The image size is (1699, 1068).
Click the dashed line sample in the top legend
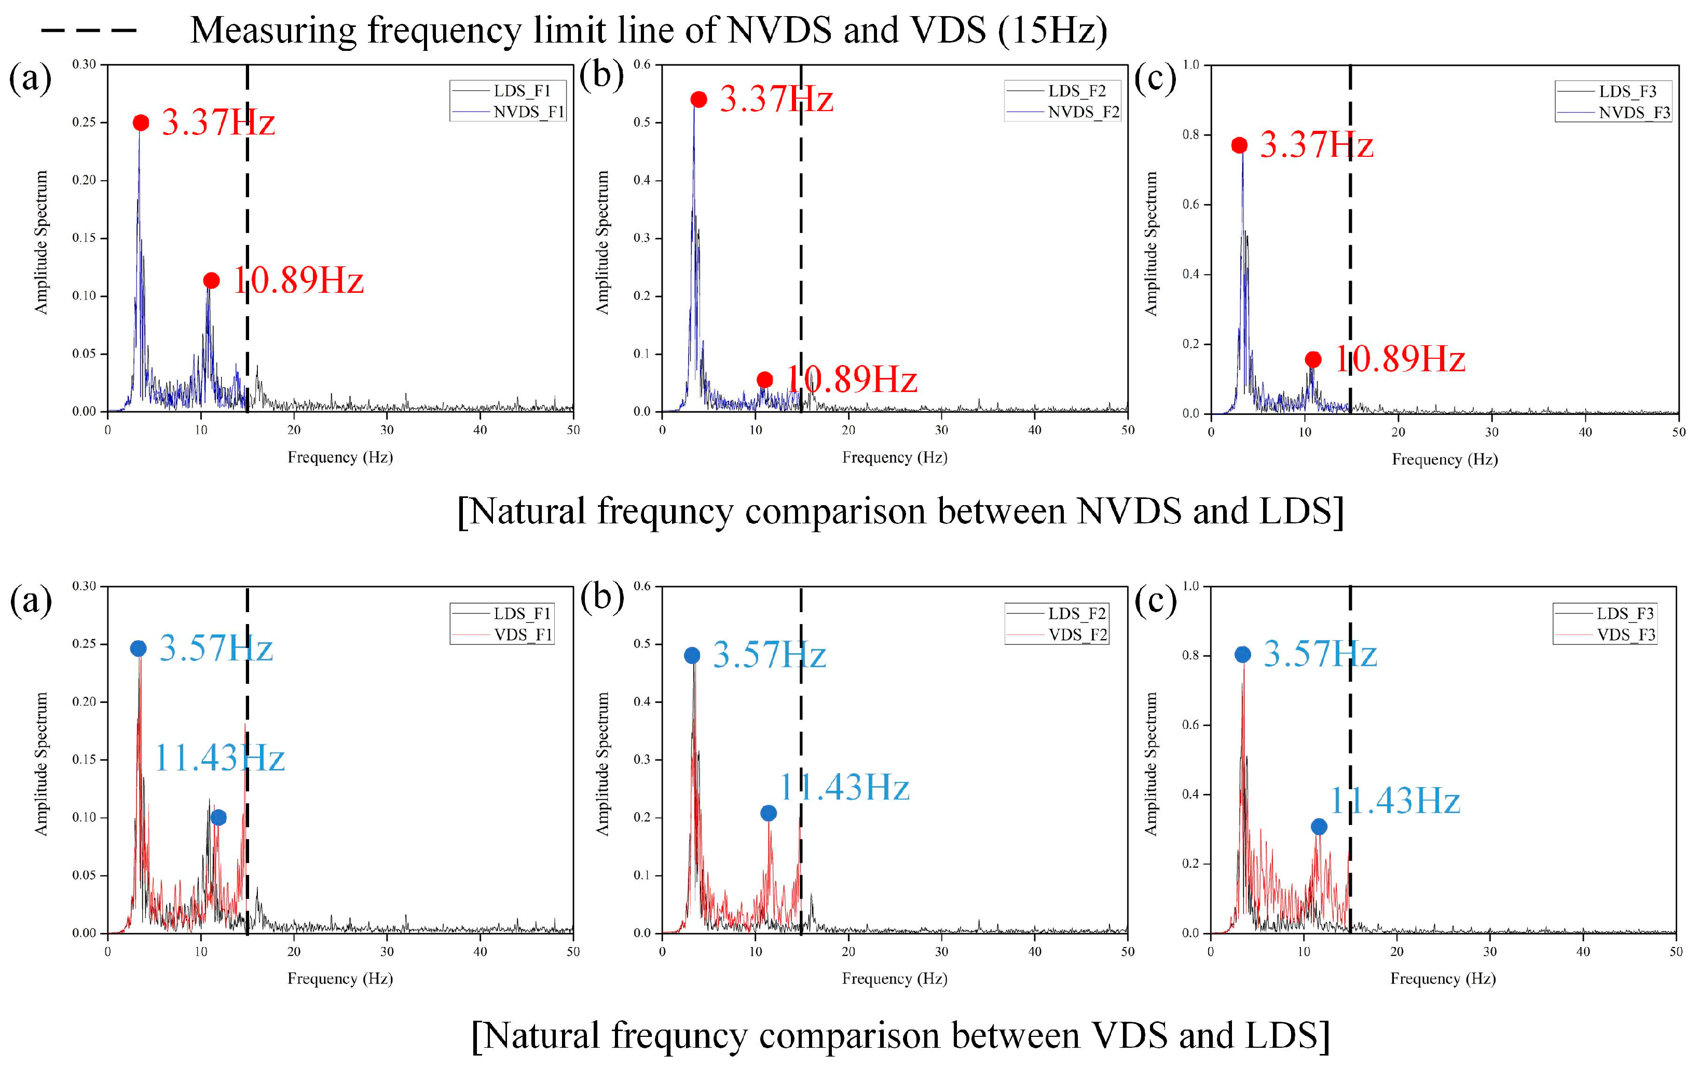point(88,30)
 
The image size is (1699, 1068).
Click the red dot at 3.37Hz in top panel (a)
point(141,123)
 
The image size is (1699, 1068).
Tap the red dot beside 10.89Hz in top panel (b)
point(764,380)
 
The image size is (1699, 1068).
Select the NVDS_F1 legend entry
point(528,112)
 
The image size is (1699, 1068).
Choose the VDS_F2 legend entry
point(1077,634)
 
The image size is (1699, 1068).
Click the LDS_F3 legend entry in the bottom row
point(1625,613)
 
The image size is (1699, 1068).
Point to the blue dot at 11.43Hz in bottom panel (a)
point(218,817)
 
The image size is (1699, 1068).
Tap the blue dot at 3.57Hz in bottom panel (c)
point(1242,654)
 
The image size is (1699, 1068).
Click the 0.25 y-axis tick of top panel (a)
point(84,122)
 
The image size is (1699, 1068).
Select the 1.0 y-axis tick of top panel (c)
point(1191,65)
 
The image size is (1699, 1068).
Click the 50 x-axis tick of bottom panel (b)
point(1128,952)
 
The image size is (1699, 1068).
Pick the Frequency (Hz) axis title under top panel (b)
point(894,457)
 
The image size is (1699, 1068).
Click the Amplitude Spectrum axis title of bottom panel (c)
point(1151,764)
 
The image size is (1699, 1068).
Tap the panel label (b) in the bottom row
point(602,599)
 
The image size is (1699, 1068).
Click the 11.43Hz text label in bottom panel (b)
point(844,787)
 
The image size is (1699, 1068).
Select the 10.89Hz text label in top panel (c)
point(1400,359)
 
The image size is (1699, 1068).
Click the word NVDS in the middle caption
point(1128,511)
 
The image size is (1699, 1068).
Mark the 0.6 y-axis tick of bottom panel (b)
point(641,586)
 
